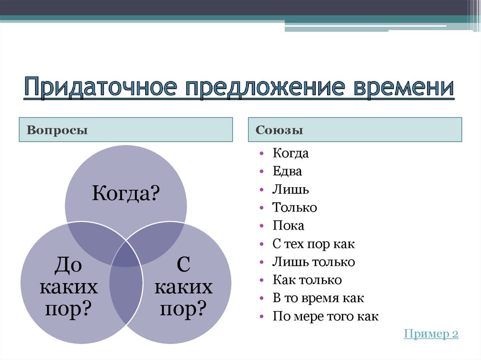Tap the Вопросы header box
tap(126, 130)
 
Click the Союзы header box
tap(355, 130)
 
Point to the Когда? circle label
tap(126, 193)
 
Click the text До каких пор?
tap(69, 287)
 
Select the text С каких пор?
tap(183, 287)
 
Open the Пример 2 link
tap(431, 334)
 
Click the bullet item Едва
tap(287, 172)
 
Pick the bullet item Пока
tap(288, 226)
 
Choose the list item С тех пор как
tap(313, 244)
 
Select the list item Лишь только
tap(313, 262)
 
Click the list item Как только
tap(307, 280)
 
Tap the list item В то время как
tap(318, 298)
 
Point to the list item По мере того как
tap(325, 316)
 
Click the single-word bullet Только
tap(295, 207)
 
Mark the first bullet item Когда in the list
tap(290, 153)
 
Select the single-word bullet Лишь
tap(290, 190)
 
